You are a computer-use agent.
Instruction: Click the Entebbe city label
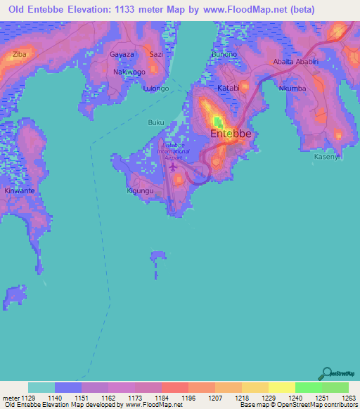[x=230, y=134]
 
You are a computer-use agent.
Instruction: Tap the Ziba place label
[x=19, y=54]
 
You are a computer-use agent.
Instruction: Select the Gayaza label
[x=122, y=54]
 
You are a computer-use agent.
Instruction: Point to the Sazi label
[x=156, y=54]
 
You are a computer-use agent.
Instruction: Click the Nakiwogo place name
[x=129, y=72]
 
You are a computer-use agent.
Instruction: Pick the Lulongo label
[x=155, y=89]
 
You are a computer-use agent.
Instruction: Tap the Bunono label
[x=224, y=54]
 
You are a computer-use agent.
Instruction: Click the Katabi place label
[x=228, y=89]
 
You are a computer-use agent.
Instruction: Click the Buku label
[x=155, y=122]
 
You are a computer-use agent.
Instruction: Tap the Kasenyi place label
[x=328, y=156]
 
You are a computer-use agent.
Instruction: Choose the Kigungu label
[x=140, y=190]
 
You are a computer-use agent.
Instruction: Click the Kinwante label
[x=20, y=190]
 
